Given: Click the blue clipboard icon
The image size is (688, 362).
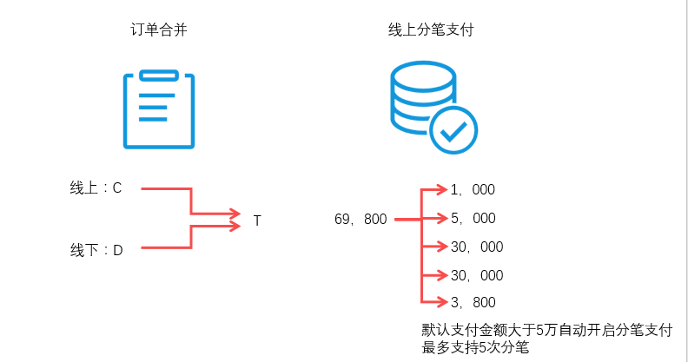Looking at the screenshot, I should pyautogui.click(x=157, y=109).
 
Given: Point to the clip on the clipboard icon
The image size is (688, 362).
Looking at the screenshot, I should pyautogui.click(x=157, y=76).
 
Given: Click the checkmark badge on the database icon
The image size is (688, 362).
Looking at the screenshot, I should pyautogui.click(x=453, y=130).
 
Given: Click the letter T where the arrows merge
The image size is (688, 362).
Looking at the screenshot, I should pyautogui.click(x=257, y=220).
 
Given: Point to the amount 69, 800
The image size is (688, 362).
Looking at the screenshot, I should pyautogui.click(x=361, y=220).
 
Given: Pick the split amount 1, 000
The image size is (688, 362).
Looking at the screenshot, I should pyautogui.click(x=473, y=189).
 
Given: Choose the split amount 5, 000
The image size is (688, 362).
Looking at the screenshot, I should pyautogui.click(x=473, y=218).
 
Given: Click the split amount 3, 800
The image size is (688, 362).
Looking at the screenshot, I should pyautogui.click(x=473, y=302).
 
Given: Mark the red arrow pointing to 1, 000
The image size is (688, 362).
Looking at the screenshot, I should pyautogui.click(x=434, y=189).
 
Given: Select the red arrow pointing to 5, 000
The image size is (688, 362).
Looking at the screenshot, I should pyautogui.click(x=434, y=218).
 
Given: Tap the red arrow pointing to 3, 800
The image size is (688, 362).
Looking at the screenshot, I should pyautogui.click(x=434, y=302).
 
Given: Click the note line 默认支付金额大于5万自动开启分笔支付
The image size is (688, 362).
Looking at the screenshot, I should pyautogui.click(x=547, y=330).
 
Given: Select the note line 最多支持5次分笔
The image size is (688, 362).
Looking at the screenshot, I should pyautogui.click(x=475, y=347).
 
